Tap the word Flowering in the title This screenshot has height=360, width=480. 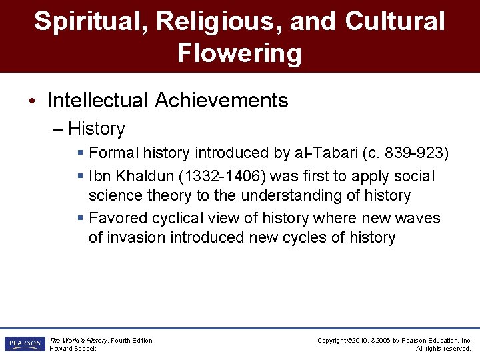[239, 52]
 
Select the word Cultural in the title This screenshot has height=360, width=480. [395, 21]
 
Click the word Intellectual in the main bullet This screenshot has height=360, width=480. [98, 101]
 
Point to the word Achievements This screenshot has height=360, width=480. [221, 101]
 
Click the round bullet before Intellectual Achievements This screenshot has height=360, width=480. [32, 101]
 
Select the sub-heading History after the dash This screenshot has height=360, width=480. [97, 129]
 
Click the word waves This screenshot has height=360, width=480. [417, 218]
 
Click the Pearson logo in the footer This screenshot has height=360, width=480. [24, 344]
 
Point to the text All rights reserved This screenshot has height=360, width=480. [443, 349]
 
